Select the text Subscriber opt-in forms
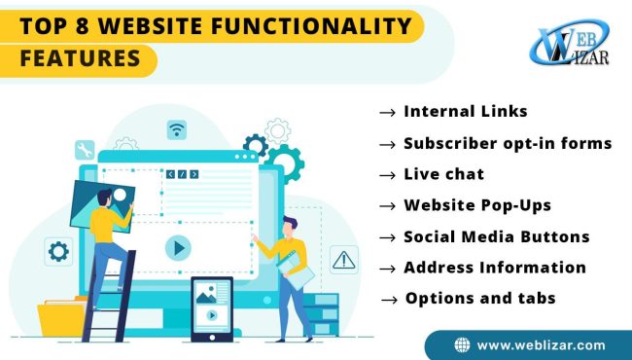[x=508, y=143]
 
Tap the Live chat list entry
[x=443, y=174]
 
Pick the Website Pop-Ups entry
[x=477, y=205]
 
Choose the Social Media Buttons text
[x=496, y=236]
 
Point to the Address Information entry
[x=494, y=267]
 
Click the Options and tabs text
[x=480, y=298]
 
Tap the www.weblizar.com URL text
[x=541, y=344]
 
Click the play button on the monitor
[x=177, y=248]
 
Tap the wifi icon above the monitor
[x=176, y=129]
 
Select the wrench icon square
[x=85, y=150]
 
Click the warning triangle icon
[x=343, y=259]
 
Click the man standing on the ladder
[x=108, y=231]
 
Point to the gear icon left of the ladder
[x=58, y=252]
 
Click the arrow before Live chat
[x=386, y=175]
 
